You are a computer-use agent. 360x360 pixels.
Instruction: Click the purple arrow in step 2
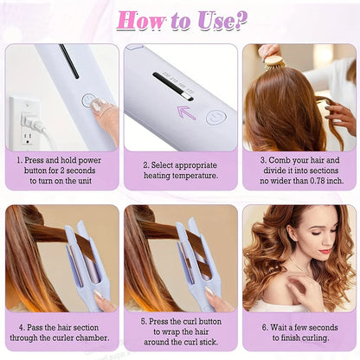[186, 111]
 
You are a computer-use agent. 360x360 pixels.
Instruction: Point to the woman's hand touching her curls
[305, 290]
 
